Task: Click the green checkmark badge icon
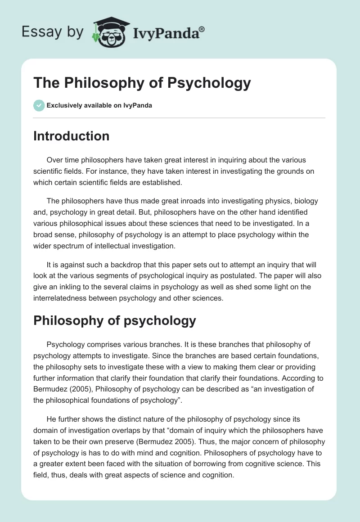pyautogui.click(x=39, y=106)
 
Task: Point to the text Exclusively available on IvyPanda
pyautogui.click(x=99, y=106)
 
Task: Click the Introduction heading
pyautogui.click(x=71, y=136)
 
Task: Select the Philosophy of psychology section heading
pyautogui.click(x=115, y=320)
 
